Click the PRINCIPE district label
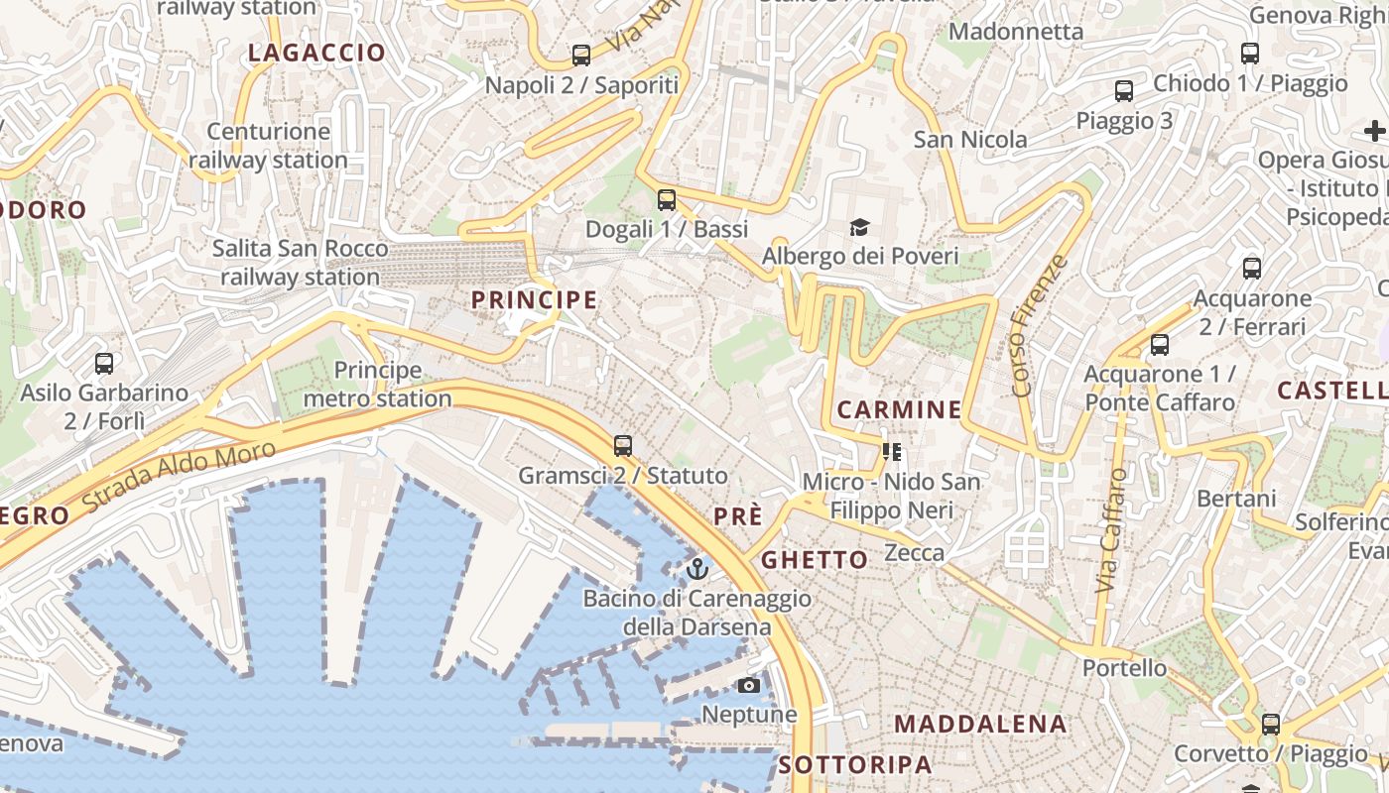pyautogui.click(x=534, y=299)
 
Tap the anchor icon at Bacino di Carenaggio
pyautogui.click(x=697, y=569)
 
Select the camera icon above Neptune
pyautogui.click(x=749, y=685)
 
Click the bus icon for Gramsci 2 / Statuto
pyautogui.click(x=623, y=446)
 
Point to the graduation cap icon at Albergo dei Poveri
pyautogui.click(x=859, y=228)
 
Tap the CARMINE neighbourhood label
pyautogui.click(x=899, y=409)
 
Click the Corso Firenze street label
pyautogui.click(x=1041, y=325)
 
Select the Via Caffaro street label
pyautogui.click(x=1112, y=530)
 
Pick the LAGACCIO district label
pyautogui.click(x=316, y=54)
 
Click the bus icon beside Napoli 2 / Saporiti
pyautogui.click(x=581, y=56)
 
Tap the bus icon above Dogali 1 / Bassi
pyautogui.click(x=667, y=200)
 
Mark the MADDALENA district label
pyautogui.click(x=980, y=724)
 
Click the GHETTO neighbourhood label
pyautogui.click(x=815, y=560)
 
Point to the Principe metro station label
pyautogui.click(x=377, y=385)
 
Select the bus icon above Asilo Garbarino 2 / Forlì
pyautogui.click(x=104, y=364)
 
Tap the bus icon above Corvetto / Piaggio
pyautogui.click(x=1270, y=725)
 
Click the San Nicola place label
pyautogui.click(x=970, y=139)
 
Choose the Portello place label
pyautogui.click(x=1124, y=667)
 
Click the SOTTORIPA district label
pyautogui.click(x=855, y=764)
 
